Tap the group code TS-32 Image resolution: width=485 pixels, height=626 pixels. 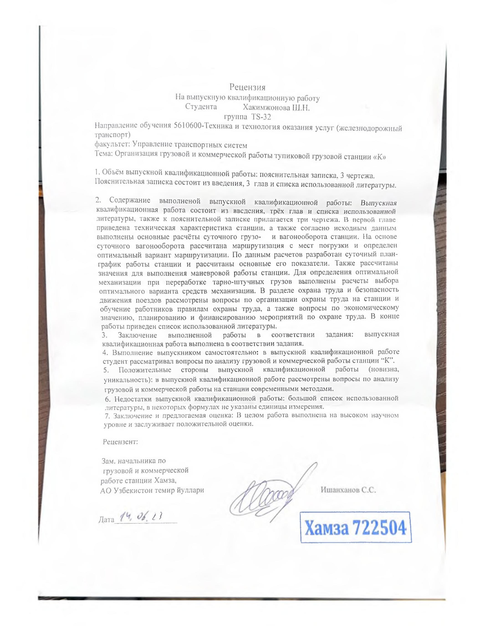click(x=261, y=117)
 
